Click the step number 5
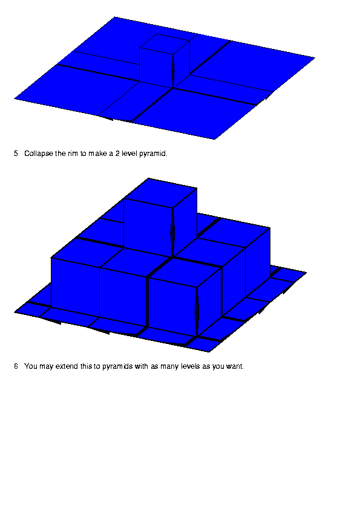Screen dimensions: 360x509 point(16,153)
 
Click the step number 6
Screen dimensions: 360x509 point(16,366)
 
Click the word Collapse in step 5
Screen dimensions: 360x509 point(39,154)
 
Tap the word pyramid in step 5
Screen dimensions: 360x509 point(153,154)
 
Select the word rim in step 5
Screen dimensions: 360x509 point(73,153)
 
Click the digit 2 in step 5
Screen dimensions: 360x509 point(117,153)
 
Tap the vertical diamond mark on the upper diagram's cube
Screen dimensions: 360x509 point(173,71)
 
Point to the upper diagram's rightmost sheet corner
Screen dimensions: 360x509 point(314,58)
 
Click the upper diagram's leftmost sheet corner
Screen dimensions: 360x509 point(15,99)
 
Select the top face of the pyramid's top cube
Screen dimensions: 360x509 point(160,193)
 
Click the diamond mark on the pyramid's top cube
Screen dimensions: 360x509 point(172,232)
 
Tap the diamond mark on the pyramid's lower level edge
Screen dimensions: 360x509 point(197,312)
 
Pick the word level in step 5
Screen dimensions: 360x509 point(129,153)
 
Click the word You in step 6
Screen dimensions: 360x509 point(31,366)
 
